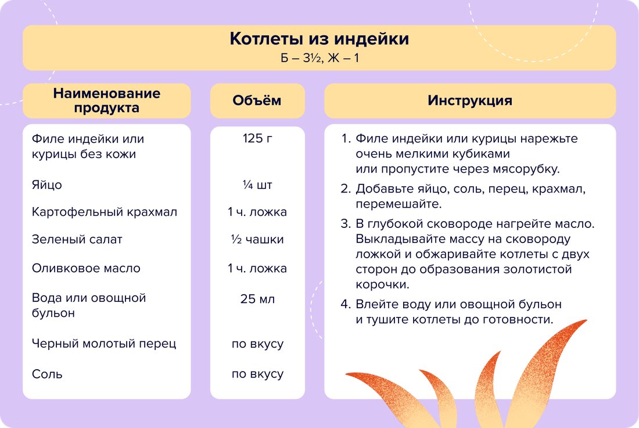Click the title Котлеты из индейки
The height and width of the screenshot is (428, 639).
click(x=319, y=39)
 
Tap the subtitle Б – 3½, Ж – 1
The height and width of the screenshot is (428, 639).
click(x=319, y=58)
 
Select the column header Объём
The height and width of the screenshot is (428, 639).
click(x=257, y=101)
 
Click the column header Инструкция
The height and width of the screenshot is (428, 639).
click(x=470, y=101)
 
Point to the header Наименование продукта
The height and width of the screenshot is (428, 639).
click(x=107, y=101)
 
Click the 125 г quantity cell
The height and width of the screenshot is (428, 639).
click(x=257, y=139)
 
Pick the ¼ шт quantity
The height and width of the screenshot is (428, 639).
click(x=257, y=185)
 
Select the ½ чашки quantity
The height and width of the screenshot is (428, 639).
click(x=257, y=239)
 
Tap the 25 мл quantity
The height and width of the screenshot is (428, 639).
click(x=257, y=299)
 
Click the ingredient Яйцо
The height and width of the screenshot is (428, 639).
click(x=47, y=185)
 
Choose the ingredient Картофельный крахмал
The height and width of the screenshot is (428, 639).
click(x=105, y=212)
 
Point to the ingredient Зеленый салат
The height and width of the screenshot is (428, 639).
click(x=77, y=239)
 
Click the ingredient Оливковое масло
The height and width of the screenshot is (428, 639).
click(x=86, y=268)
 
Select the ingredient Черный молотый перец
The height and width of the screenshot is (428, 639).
click(x=104, y=344)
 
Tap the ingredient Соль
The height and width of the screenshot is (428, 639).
click(x=47, y=374)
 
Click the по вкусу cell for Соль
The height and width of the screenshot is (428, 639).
click(x=257, y=374)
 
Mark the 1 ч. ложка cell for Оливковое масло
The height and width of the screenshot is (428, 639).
click(x=257, y=268)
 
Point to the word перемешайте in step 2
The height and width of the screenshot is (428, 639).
click(x=399, y=204)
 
